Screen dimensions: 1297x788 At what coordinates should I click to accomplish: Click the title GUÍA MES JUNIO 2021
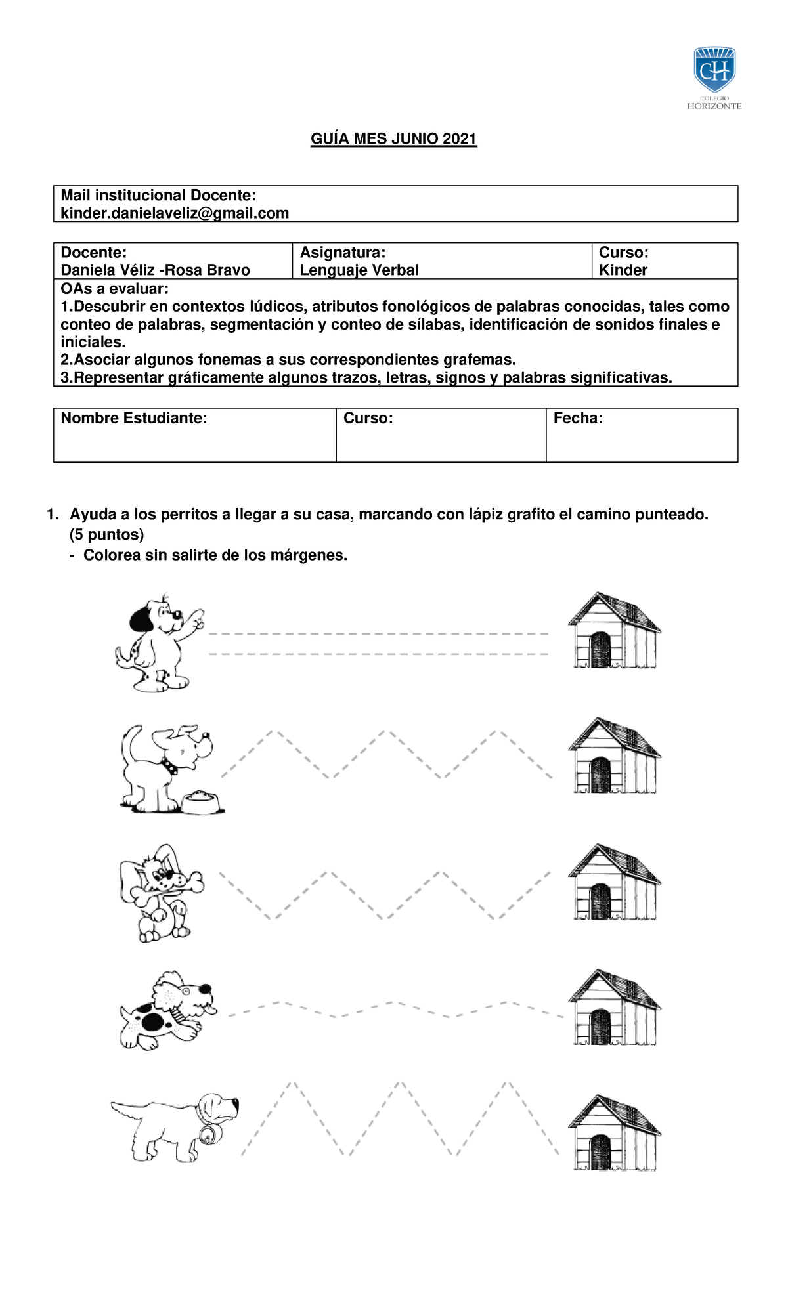click(393, 138)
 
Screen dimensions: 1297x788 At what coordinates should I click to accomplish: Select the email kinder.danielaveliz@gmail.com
click(175, 213)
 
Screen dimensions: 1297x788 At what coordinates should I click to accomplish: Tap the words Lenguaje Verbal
click(359, 270)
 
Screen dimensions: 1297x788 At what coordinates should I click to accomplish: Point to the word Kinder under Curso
click(623, 270)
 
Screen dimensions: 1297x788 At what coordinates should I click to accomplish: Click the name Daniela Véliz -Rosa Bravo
click(155, 270)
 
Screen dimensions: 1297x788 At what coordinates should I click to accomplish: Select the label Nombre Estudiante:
click(133, 418)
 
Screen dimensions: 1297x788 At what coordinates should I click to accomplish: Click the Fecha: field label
click(578, 418)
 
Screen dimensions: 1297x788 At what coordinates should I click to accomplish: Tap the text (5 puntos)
click(106, 534)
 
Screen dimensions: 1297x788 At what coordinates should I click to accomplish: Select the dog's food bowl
click(202, 803)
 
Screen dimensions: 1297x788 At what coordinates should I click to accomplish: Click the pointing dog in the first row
click(158, 643)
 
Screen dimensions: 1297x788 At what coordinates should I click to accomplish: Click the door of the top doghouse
click(600, 649)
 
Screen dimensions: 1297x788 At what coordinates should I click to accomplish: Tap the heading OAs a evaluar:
click(114, 289)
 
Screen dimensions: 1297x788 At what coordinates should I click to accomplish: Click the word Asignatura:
click(342, 253)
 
